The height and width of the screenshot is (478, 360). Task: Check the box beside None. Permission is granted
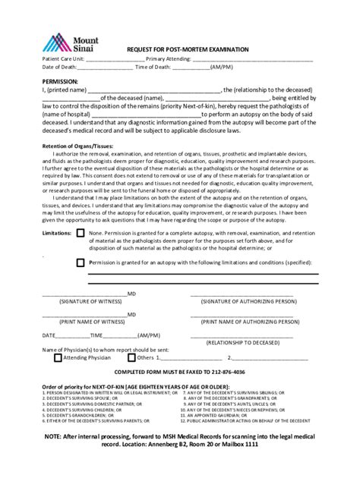[x=81, y=233]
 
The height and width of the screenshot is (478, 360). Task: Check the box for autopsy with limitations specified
[x=81, y=263]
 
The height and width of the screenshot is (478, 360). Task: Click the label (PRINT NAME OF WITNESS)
[x=85, y=321]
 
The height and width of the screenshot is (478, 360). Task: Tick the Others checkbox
[x=131, y=357]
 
